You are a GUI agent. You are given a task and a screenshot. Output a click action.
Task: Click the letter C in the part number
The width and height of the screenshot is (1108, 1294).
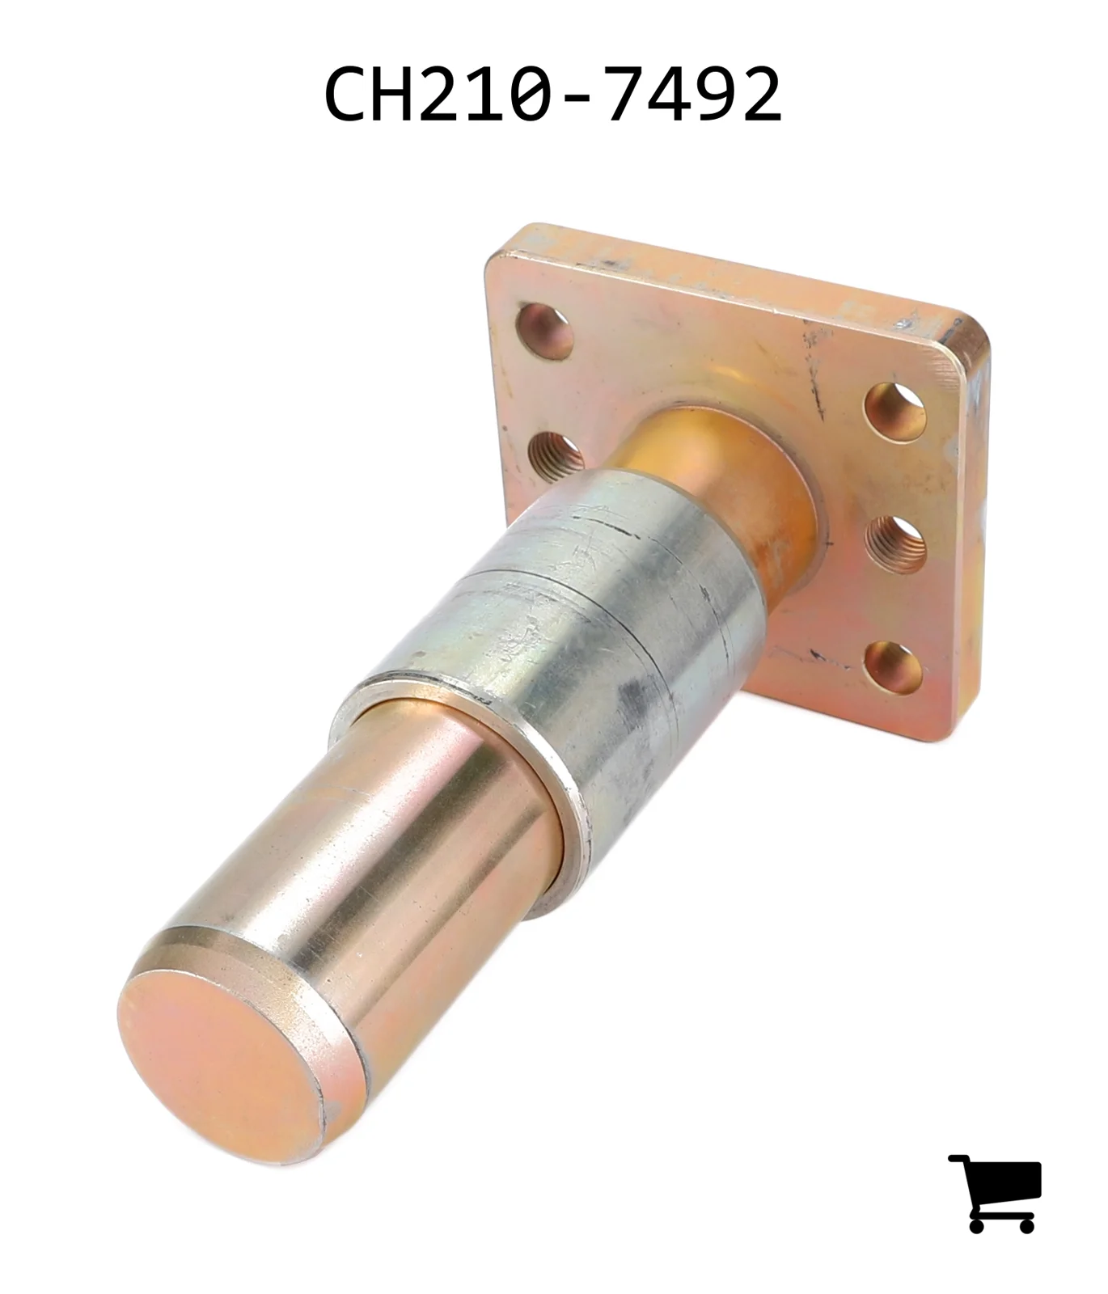coord(346,94)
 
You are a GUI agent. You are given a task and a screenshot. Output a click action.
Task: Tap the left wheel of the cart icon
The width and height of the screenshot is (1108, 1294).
coord(977,1224)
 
